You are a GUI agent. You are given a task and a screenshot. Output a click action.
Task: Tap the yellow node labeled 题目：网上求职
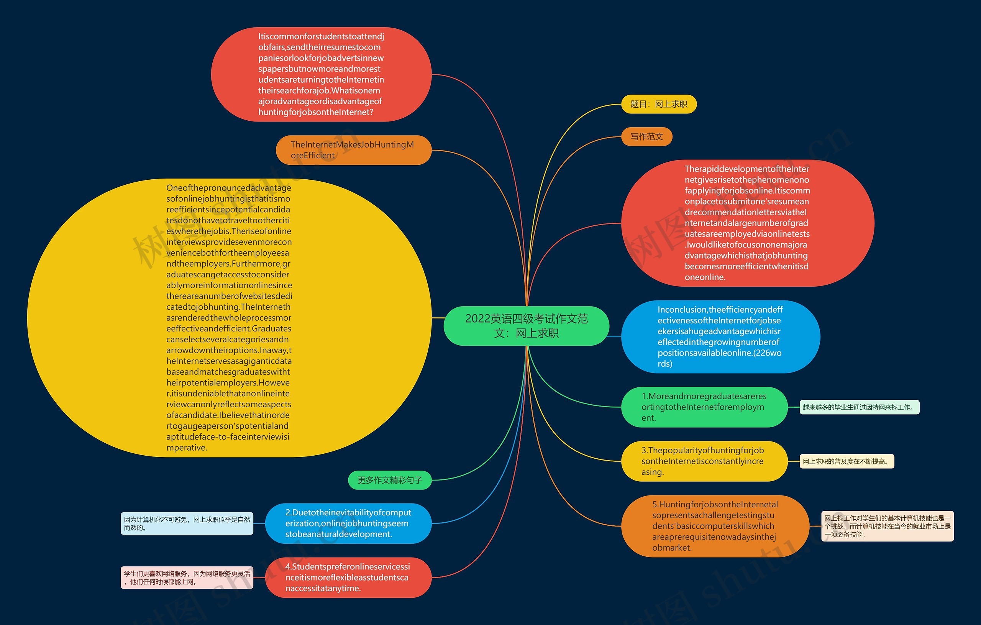pos(658,104)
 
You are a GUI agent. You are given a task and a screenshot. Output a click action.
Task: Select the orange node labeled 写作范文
pos(646,136)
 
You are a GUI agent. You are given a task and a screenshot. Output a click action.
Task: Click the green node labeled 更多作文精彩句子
pos(389,480)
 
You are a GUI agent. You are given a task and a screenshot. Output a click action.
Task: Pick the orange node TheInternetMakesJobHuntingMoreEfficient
pos(353,150)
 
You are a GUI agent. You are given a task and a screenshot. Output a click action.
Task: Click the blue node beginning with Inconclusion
pos(720,336)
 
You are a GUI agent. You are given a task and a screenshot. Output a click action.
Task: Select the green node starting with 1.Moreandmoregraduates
pos(704,407)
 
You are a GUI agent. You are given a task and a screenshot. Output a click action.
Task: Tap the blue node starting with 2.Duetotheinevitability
pos(348,523)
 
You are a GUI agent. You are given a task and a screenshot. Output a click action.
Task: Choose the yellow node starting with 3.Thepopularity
pos(704,461)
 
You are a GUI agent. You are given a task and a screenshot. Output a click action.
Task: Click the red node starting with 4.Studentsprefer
pos(348,577)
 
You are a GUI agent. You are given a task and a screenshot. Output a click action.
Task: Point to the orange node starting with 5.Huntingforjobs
pos(715,526)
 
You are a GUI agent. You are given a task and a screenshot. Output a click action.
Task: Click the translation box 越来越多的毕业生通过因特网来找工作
pos(859,407)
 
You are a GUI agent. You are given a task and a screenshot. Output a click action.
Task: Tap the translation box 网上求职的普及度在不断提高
pos(846,461)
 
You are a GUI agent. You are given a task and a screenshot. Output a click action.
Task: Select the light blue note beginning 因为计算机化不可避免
pos(187,523)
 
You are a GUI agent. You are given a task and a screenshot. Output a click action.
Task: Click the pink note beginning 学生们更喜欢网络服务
pos(187,578)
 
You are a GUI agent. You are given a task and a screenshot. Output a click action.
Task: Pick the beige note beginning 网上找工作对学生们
pos(887,526)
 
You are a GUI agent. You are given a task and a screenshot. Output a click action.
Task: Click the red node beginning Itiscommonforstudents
pos(321,74)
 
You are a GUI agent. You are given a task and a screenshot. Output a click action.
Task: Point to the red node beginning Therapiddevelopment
pos(747,223)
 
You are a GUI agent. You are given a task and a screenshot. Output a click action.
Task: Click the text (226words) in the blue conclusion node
pos(719,358)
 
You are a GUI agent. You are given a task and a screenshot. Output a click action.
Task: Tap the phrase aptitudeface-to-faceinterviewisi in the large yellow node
pos(228,437)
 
